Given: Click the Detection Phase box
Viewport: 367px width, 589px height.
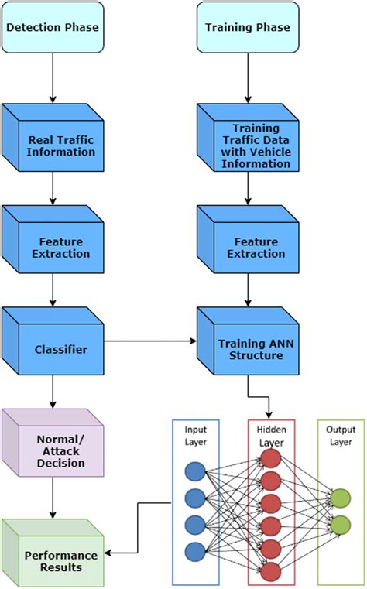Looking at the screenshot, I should coord(52,27).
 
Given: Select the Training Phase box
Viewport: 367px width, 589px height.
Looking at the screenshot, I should coord(247,27).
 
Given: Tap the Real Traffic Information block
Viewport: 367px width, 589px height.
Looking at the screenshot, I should coord(62,146).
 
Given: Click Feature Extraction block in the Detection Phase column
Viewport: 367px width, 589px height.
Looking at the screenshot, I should coord(62,247).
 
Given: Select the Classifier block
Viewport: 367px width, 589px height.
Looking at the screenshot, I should coord(62,349).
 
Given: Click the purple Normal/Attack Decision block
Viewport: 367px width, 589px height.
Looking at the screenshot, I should coord(62,451).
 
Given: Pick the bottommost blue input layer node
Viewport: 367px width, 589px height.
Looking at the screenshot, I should coord(195,551).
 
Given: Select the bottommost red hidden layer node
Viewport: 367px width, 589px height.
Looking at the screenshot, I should coord(271,571).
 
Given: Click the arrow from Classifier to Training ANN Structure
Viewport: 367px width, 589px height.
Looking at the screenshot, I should coord(151,341).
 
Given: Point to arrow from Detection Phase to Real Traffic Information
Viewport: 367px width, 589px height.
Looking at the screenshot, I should coord(53,77).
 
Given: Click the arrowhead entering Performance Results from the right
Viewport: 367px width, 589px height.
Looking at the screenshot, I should coord(109,553).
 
